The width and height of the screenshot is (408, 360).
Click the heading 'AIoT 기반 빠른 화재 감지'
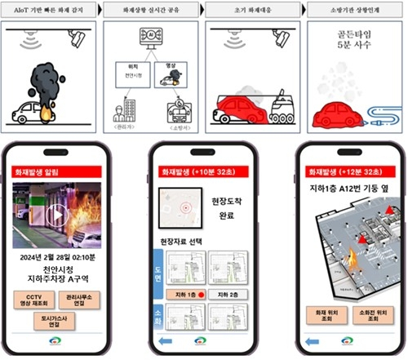48,10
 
